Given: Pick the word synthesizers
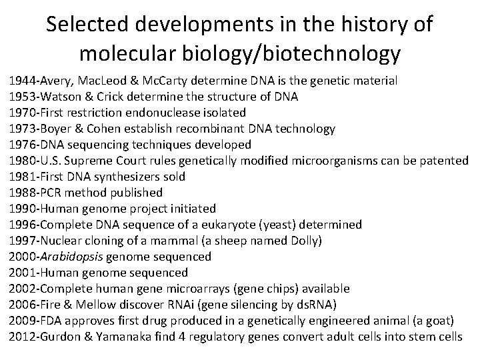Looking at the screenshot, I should [124, 177].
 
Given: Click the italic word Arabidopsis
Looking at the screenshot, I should [73, 257].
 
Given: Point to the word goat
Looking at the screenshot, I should [443, 321].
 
